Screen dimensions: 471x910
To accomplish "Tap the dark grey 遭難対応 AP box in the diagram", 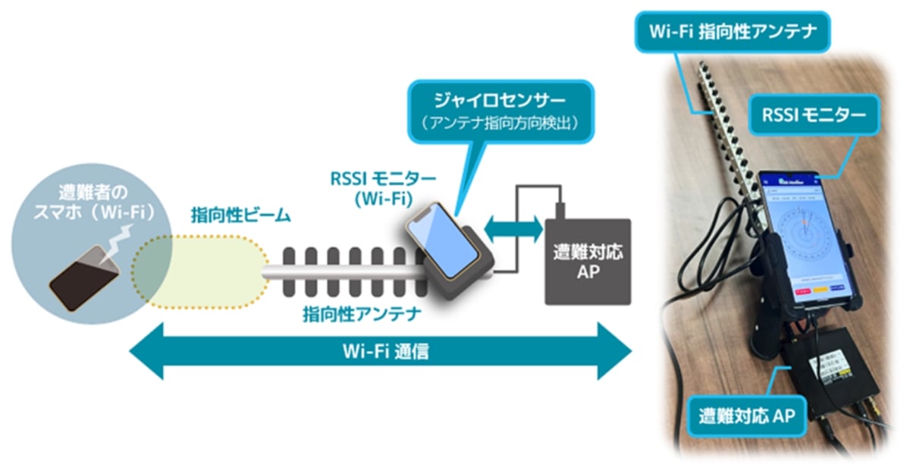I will coord(588,261).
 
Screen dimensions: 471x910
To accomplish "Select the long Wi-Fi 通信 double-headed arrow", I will coord(380,350).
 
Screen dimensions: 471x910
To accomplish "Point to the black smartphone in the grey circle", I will coord(84,276).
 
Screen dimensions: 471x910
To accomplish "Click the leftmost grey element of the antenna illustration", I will coord(287,270).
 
